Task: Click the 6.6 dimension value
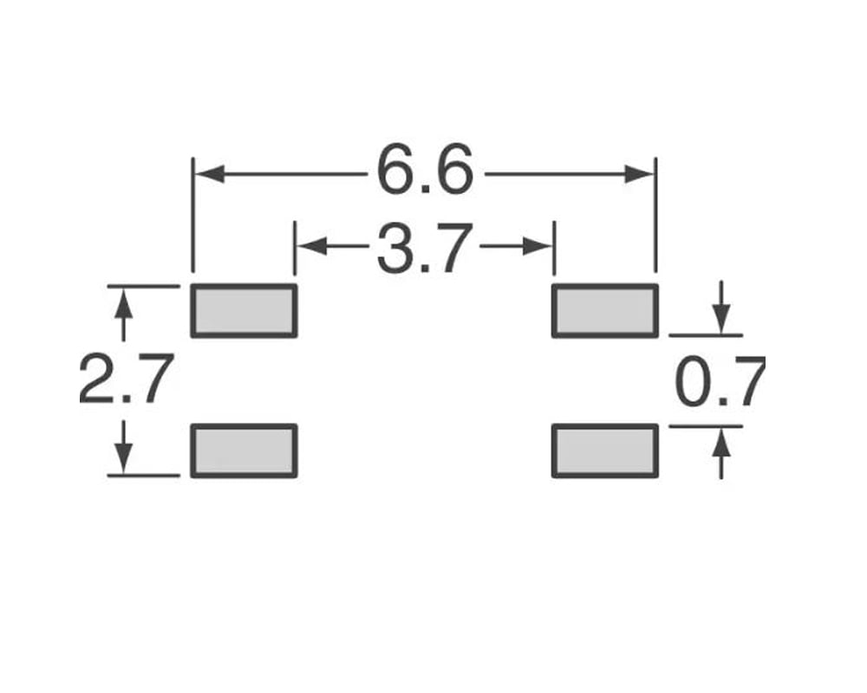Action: pos(426,171)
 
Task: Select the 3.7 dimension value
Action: pos(425,248)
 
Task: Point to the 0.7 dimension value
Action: pos(720,381)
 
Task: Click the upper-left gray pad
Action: pos(244,310)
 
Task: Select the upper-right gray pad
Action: pos(605,310)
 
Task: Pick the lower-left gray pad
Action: pos(244,450)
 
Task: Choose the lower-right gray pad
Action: pos(605,450)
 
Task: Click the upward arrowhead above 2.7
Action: pos(125,303)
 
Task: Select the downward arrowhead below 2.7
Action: pos(125,457)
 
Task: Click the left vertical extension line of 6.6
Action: pos(192,217)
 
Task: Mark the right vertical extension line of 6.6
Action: pos(655,217)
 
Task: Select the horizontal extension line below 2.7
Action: pos(143,475)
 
